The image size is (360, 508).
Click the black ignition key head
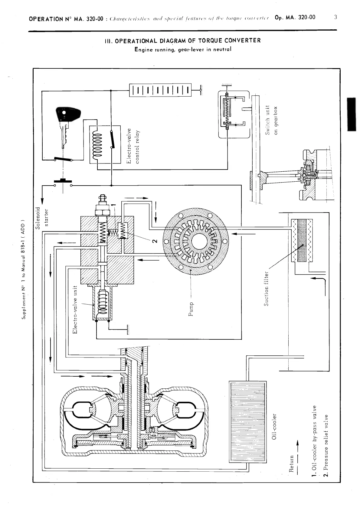click(68, 114)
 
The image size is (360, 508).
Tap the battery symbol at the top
click(160, 90)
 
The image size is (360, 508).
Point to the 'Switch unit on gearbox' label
click(271, 120)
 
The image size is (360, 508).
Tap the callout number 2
click(155, 241)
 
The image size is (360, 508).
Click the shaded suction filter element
click(302, 240)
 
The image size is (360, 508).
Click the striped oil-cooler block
click(248, 426)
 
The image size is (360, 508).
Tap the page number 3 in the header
click(335, 17)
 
